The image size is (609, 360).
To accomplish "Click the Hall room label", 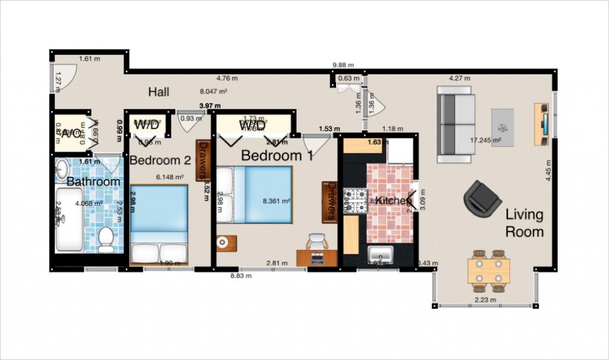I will pyautogui.click(x=159, y=92).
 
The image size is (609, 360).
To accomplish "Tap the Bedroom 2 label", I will pyautogui.click(x=160, y=160).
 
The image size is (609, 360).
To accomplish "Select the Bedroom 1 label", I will pyautogui.click(x=277, y=156).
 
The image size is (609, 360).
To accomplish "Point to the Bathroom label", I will pyautogui.click(x=93, y=181).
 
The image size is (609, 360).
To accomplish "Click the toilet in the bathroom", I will pyautogui.click(x=106, y=237).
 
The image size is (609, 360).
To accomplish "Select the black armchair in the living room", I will pyautogui.click(x=482, y=197).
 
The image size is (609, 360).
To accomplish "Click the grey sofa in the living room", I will pyautogui.click(x=456, y=124).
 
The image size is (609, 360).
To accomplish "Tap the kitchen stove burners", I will pyautogui.click(x=355, y=201).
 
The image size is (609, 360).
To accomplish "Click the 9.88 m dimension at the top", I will pyautogui.click(x=343, y=65).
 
